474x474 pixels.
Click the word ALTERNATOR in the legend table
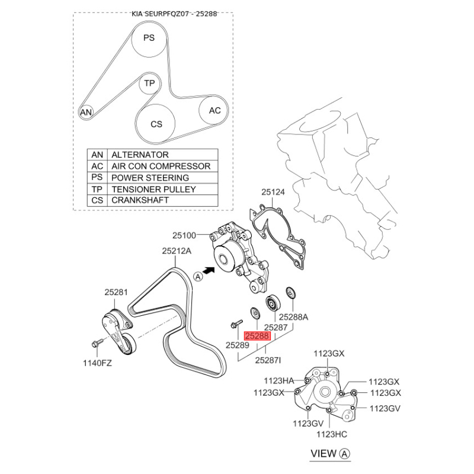[x=140, y=155]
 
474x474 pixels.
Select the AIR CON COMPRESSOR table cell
[x=162, y=166]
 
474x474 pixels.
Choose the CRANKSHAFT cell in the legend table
[x=162, y=200]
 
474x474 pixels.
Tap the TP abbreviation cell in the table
[x=97, y=189]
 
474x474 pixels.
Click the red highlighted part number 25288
[x=257, y=336]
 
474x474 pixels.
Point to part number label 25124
[x=273, y=192]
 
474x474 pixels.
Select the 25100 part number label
[x=184, y=235]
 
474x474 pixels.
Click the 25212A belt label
[x=177, y=251]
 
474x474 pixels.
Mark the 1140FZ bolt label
[x=97, y=363]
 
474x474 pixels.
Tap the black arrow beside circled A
[x=209, y=270]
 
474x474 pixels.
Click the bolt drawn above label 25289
[x=236, y=324]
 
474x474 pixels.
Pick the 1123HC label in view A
[x=332, y=434]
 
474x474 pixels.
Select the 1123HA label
[x=278, y=380]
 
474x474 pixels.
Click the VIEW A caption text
[x=330, y=454]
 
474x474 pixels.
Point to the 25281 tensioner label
[x=116, y=292]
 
